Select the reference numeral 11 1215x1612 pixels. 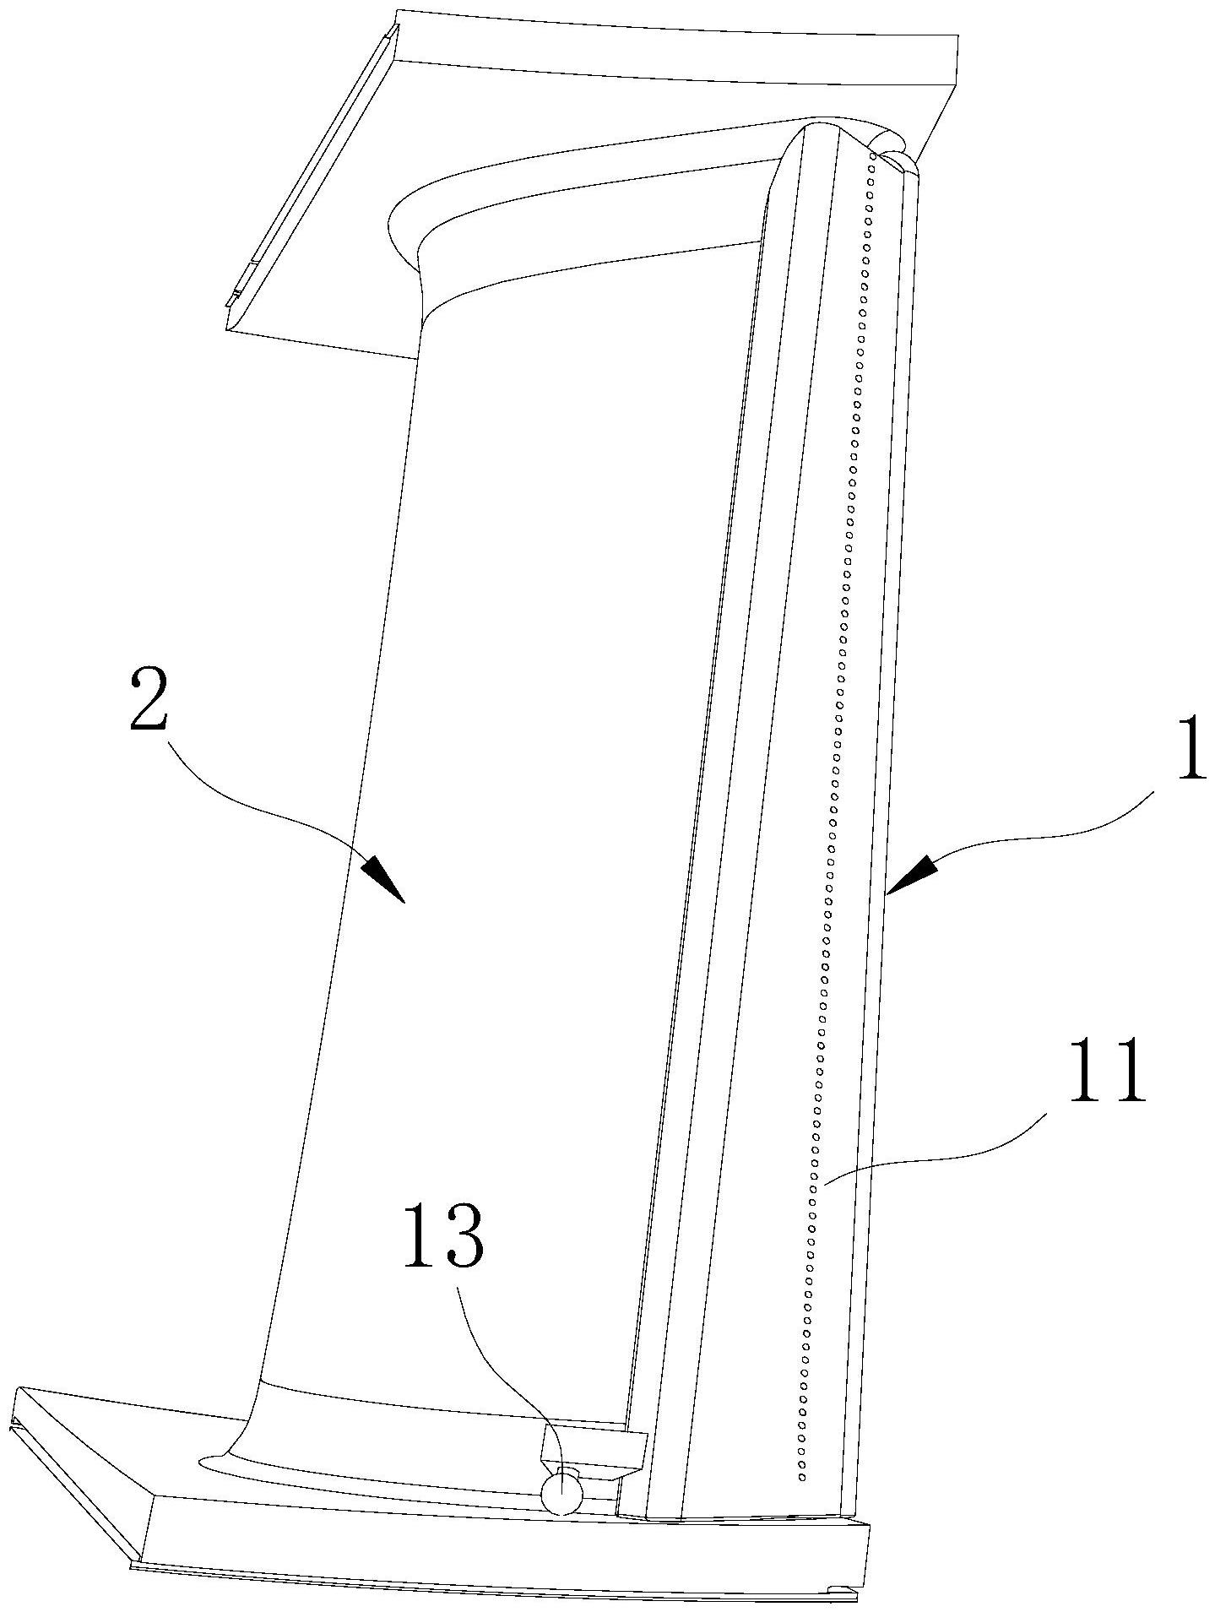point(1107,1072)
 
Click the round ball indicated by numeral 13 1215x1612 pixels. point(561,1493)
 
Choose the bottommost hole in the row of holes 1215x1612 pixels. point(802,1477)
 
